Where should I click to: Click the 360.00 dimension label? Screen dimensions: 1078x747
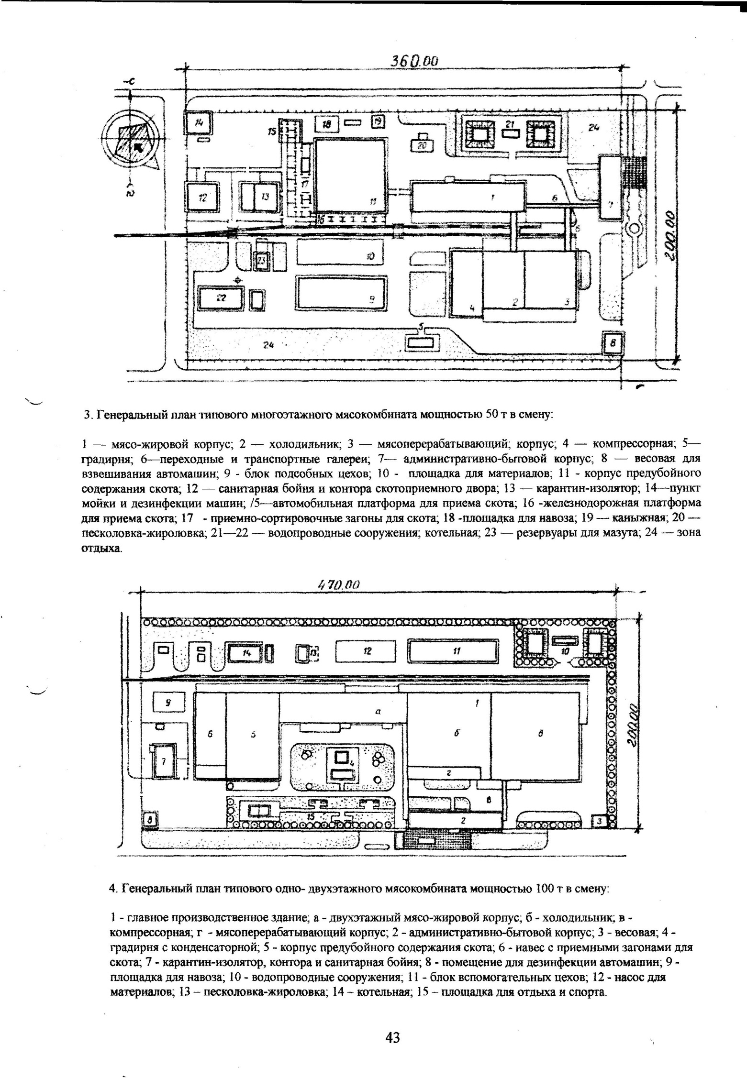[x=415, y=61]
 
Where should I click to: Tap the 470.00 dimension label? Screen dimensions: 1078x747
[x=338, y=584]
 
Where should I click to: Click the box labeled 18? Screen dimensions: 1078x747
[x=327, y=124]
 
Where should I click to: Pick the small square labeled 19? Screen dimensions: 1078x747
[x=379, y=122]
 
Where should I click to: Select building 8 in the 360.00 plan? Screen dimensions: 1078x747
[x=613, y=343]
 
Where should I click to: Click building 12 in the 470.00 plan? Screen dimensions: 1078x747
[x=366, y=651]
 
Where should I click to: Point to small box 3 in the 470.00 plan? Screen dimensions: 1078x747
[x=600, y=821]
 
